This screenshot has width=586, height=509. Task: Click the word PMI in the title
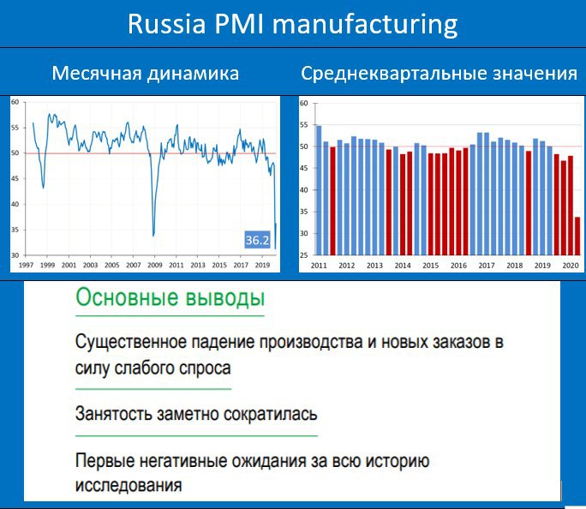click(x=240, y=24)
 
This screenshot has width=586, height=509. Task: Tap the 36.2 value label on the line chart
click(x=257, y=240)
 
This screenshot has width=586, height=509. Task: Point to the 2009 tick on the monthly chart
click(x=155, y=265)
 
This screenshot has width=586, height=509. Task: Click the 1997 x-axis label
click(x=26, y=265)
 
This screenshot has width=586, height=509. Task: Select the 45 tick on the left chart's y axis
click(x=15, y=178)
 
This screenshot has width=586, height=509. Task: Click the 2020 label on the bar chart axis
click(x=571, y=266)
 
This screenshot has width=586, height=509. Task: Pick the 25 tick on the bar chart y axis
click(x=304, y=255)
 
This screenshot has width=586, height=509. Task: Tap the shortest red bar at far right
click(x=577, y=237)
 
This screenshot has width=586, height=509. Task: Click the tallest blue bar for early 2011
click(x=319, y=190)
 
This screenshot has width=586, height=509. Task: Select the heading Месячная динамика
click(x=146, y=73)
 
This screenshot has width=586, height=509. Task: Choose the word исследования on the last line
click(x=129, y=486)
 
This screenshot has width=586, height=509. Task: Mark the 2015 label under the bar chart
click(x=431, y=266)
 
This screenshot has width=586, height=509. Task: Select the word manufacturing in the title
click(x=365, y=25)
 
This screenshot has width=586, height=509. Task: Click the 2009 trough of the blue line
click(x=153, y=236)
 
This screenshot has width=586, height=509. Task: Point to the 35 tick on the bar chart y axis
click(x=304, y=212)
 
